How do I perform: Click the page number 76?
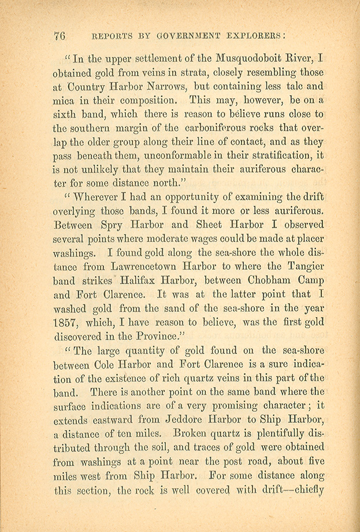(x=59, y=35)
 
